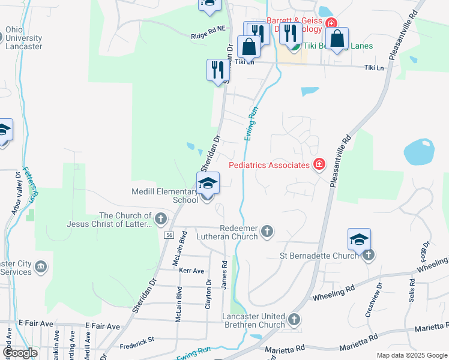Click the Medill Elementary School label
coord(165,196)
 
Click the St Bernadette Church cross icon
coord(368,255)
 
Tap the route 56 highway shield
coord(169,235)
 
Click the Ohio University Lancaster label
coord(23,37)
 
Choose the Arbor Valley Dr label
coord(16,196)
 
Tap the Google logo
coord(19,352)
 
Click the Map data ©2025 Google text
coord(411,355)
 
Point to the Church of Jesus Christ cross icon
coord(161,219)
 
